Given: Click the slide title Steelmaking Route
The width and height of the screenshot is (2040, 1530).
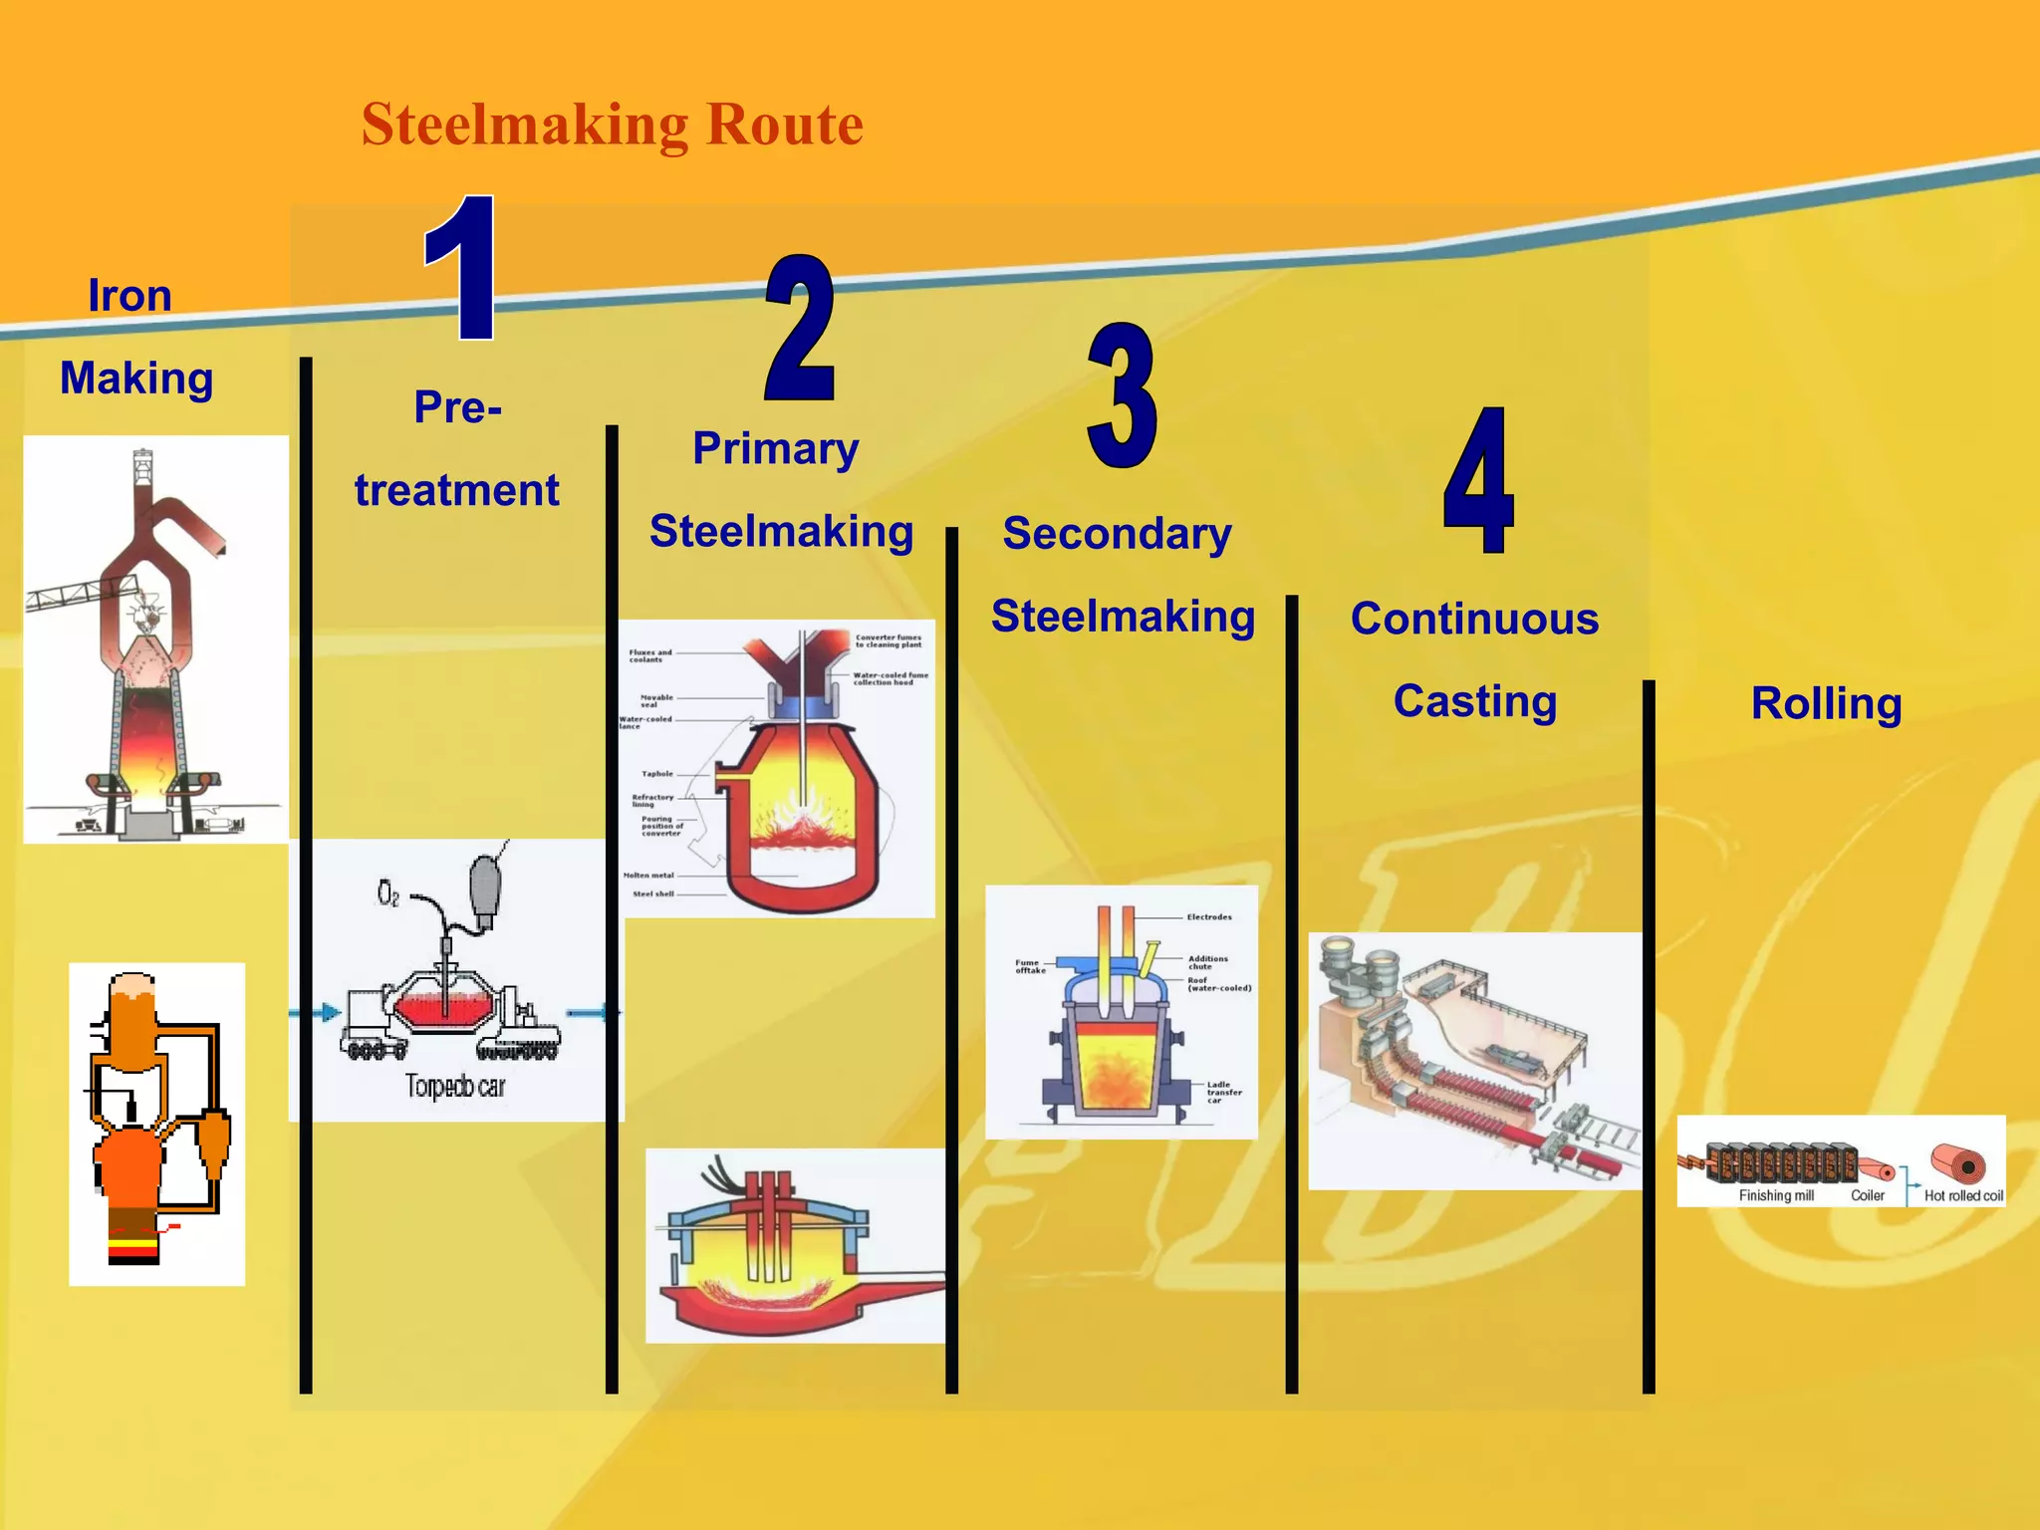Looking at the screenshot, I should (612, 125).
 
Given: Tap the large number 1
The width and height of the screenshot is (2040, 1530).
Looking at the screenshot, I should (461, 267).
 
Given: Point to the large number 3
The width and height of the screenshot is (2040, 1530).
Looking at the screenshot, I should (1123, 395).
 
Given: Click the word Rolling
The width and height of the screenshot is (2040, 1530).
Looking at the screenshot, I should (1826, 703).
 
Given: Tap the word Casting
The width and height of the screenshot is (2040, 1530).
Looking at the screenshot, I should (1474, 701).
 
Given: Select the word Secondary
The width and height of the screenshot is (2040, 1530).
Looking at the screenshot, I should (1117, 533).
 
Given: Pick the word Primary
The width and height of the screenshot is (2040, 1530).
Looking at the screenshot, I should (775, 448).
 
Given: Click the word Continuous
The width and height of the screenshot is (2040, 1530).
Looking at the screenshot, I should (1474, 619).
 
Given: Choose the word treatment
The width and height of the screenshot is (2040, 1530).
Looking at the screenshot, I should (456, 490).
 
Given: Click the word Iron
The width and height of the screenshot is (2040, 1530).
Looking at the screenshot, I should (129, 296).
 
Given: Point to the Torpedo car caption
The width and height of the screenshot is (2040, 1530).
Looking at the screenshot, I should (455, 1086).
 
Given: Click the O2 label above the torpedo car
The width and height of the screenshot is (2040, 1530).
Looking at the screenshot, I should (387, 893).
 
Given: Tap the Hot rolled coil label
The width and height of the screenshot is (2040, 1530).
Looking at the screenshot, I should (1962, 1195).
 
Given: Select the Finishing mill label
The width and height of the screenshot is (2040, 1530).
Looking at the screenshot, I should (1776, 1195).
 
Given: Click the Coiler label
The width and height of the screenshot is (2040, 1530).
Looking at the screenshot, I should (1867, 1195).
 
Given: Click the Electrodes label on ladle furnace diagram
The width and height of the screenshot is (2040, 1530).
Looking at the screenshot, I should (1209, 916).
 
